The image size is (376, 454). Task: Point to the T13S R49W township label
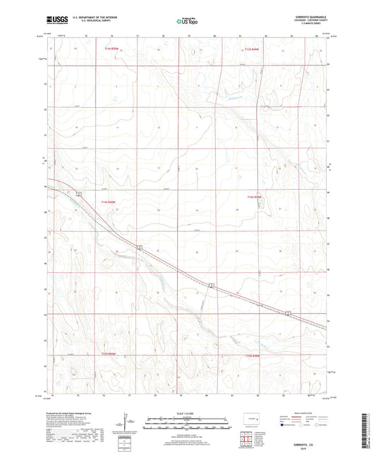[252, 49]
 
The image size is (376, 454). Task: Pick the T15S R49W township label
[253, 356]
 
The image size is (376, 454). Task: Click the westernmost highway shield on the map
[80, 193]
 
